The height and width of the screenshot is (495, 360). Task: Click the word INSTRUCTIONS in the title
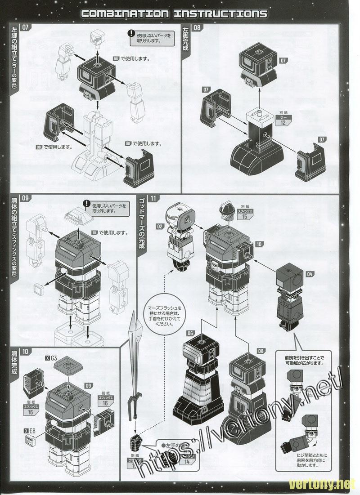pos(220,13)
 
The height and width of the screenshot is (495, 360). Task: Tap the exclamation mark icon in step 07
pos(131,33)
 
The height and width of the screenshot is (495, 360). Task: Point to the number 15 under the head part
pos(244,216)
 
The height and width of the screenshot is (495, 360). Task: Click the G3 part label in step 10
pos(53,358)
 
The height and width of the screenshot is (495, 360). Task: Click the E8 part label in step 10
pos(31,430)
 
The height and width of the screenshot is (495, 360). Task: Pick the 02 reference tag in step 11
pos(159,227)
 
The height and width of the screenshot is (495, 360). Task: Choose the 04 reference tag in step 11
pos(310,273)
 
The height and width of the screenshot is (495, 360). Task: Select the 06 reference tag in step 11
pos(190,333)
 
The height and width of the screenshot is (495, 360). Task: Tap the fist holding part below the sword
pos(136,441)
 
